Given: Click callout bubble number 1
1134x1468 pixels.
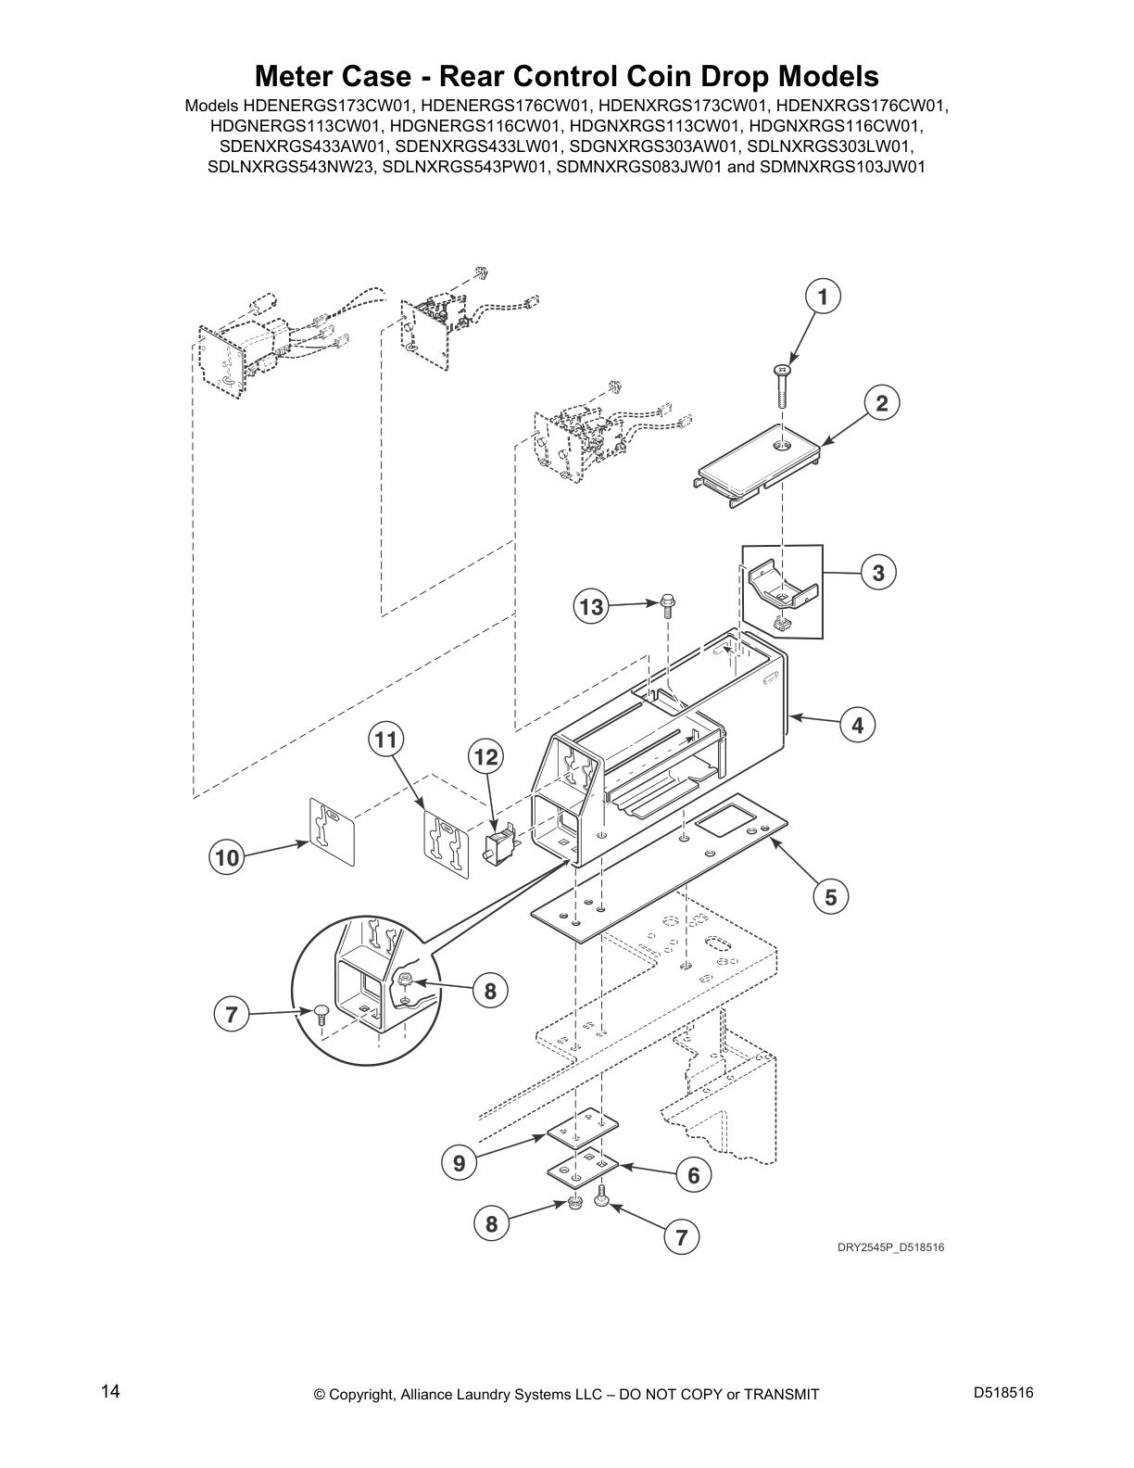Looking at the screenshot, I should pos(822,297).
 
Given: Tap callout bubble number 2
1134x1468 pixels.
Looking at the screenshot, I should pos(881,403).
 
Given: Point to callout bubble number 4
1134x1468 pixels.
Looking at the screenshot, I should pos(857,726).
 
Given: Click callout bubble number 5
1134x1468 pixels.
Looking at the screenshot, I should pos(831,896).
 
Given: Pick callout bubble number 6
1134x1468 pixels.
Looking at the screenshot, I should pos(693,1175).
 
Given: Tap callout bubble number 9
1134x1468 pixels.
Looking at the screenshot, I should pos(459,1162).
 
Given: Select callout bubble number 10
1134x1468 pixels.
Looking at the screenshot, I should pos(226,858).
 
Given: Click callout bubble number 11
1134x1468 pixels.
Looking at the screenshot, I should pos(386,740).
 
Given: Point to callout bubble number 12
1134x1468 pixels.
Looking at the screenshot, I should pos(485,757).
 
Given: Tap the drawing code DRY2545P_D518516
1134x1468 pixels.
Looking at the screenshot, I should pos(890,1247).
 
